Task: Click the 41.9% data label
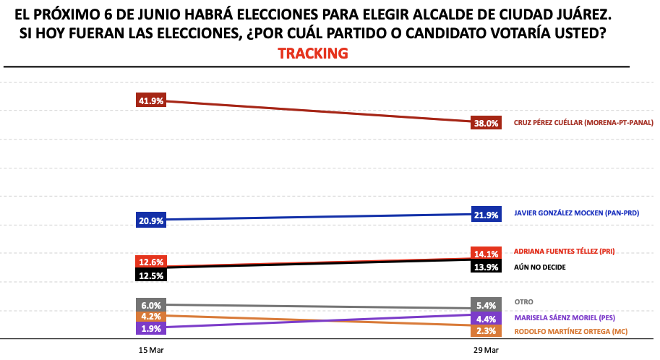point(151,100)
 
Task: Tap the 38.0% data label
point(486,123)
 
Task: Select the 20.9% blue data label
point(151,220)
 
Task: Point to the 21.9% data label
point(486,215)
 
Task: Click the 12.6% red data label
point(151,262)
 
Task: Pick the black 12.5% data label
point(151,275)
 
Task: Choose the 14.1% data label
point(486,253)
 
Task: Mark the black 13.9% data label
point(486,267)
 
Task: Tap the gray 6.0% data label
point(151,305)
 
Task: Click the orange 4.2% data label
point(151,316)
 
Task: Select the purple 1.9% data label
point(151,328)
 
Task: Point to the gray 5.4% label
point(486,304)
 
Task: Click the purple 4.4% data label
point(486,318)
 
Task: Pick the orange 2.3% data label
point(486,330)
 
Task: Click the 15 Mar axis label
point(151,350)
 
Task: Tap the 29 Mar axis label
point(486,350)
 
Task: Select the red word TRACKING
point(313,53)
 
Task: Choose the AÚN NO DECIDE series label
point(539,267)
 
